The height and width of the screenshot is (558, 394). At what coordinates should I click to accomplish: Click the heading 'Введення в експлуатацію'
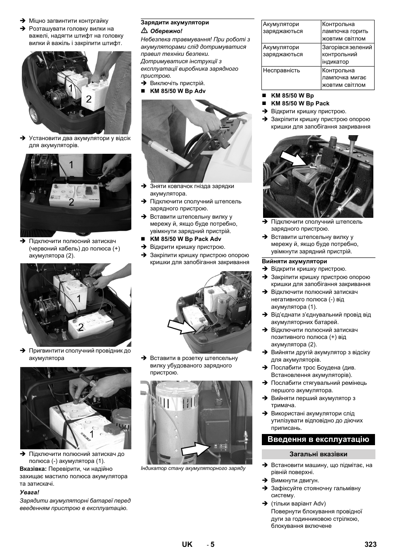point(318,439)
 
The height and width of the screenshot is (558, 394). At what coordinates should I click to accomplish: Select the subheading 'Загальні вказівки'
point(318,454)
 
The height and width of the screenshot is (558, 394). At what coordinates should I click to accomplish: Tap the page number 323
point(370,544)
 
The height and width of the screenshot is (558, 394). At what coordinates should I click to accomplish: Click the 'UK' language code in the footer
point(187,544)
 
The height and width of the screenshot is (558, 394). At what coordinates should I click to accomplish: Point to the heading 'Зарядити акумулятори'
point(175,23)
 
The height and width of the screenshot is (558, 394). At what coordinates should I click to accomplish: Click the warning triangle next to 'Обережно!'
point(144,31)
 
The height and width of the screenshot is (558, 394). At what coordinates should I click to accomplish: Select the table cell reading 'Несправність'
point(281,70)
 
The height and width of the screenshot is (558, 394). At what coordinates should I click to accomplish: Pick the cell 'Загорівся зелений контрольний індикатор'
point(347,55)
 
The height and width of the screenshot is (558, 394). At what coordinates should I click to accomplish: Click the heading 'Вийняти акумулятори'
point(294,261)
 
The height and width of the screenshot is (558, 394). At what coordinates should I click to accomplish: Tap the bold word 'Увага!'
point(30,492)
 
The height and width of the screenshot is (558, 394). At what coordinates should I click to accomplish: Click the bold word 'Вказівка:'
point(33,469)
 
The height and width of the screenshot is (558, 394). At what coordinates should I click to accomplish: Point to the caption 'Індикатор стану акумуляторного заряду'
point(193,468)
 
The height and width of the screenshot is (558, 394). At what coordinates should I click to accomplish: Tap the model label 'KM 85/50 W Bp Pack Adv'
point(185,239)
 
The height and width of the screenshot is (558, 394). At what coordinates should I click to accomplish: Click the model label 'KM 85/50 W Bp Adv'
point(178,91)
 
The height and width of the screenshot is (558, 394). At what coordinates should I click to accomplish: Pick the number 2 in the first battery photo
point(89,99)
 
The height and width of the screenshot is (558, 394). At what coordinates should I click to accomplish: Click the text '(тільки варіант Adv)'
point(298,503)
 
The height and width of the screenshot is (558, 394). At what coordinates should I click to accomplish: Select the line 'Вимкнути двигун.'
point(295,480)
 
